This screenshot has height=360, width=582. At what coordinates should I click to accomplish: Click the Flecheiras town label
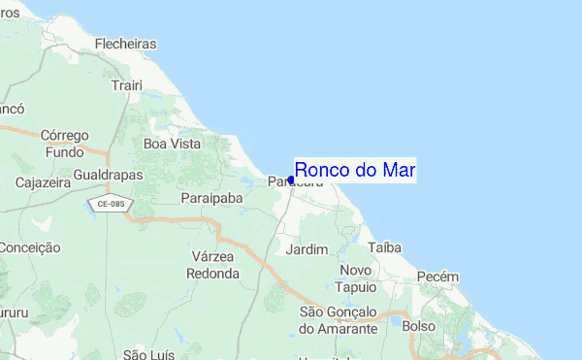[126, 44]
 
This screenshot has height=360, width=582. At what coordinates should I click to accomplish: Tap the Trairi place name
[127, 86]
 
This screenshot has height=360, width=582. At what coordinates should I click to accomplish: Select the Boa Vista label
[172, 144]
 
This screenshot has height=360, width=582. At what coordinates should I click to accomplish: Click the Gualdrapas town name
[108, 175]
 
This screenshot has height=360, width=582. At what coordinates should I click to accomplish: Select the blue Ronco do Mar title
[355, 170]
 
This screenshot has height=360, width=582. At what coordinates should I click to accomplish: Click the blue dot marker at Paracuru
[291, 180]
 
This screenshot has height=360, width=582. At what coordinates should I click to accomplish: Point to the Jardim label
[308, 249]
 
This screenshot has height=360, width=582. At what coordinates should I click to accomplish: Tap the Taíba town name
[384, 247]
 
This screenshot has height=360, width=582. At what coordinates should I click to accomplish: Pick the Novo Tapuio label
[356, 278]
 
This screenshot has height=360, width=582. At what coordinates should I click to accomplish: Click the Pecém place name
[436, 277]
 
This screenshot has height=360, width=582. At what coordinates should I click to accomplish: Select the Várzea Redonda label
[213, 264]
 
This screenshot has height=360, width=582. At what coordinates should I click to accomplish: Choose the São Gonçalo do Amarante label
[338, 320]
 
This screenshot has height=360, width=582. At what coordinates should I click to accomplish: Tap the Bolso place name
[418, 327]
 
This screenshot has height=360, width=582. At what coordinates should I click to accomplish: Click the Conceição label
[30, 247]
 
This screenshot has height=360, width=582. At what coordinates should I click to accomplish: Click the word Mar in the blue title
[398, 170]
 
